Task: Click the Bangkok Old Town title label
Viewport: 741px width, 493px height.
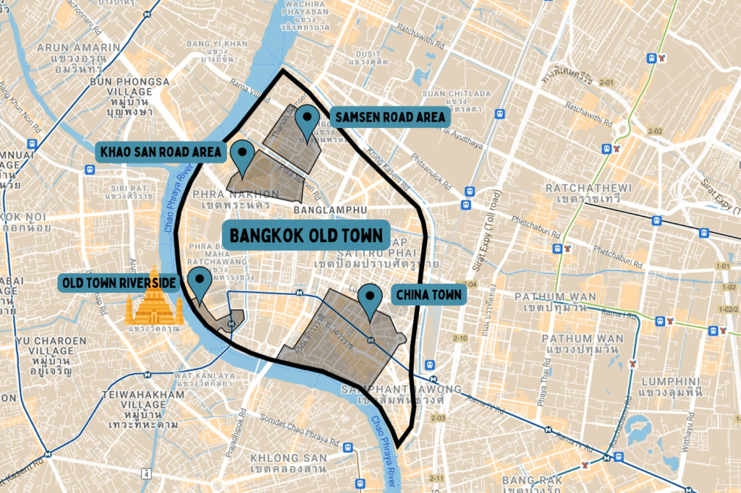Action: coord(306,236)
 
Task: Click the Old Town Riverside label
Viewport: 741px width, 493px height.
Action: coord(119,280)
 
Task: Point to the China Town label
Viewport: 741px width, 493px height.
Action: coord(427,295)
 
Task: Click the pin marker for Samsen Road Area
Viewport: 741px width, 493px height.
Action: coord(310,120)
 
